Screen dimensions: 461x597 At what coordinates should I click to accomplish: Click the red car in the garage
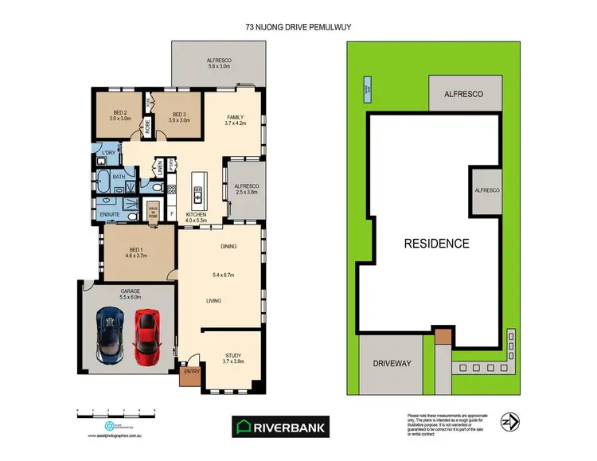pos(146,334)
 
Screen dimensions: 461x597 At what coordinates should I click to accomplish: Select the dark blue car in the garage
pos(109,335)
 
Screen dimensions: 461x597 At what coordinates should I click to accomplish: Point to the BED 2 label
pos(120,115)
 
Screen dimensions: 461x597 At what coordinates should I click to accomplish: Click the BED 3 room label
pos(178,115)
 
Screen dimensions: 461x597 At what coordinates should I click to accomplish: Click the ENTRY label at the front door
pos(191,371)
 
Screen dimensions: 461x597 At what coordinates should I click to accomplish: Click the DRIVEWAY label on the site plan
pos(392,363)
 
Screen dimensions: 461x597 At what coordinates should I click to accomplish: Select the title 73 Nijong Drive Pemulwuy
pos(298,25)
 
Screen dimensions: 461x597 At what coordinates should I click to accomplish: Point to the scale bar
pos(115,412)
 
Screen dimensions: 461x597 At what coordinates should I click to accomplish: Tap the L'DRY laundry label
pos(107,152)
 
